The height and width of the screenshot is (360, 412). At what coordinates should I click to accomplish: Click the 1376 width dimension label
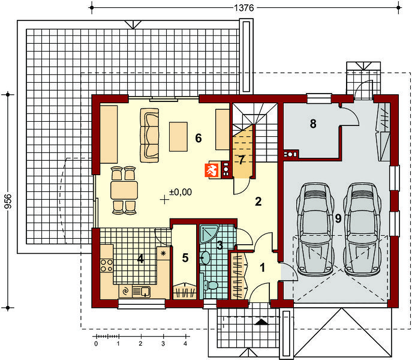(x=244, y=8)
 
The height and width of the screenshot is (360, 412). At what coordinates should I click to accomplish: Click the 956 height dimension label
(x=8, y=201)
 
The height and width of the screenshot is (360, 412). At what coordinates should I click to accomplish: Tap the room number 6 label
(x=199, y=138)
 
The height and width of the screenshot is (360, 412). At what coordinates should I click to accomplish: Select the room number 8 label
(x=313, y=124)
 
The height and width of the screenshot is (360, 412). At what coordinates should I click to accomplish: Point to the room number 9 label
(x=338, y=218)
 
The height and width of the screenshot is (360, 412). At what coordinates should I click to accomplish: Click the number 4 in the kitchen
(x=140, y=259)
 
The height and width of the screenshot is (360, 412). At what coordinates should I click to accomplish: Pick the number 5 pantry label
(x=185, y=258)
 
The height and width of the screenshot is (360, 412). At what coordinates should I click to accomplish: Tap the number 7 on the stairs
(x=242, y=160)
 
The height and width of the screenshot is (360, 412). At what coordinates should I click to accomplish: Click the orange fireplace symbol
(x=212, y=170)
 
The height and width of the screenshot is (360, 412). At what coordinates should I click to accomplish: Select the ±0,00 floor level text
(x=181, y=192)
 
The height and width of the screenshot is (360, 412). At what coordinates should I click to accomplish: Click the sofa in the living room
(x=149, y=135)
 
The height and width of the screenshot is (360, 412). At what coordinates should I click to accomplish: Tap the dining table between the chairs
(x=124, y=190)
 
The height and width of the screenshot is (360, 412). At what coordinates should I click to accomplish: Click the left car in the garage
(x=315, y=229)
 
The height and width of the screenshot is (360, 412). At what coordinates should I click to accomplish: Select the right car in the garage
(x=362, y=229)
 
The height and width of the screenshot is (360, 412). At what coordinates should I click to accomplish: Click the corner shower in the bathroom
(x=209, y=234)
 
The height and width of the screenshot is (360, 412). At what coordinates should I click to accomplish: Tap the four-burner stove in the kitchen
(x=106, y=265)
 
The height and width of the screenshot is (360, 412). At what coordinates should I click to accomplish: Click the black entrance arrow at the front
(x=261, y=322)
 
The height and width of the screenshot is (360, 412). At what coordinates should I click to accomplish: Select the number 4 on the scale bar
(x=185, y=343)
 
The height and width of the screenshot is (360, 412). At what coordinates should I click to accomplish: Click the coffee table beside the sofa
(x=178, y=136)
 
